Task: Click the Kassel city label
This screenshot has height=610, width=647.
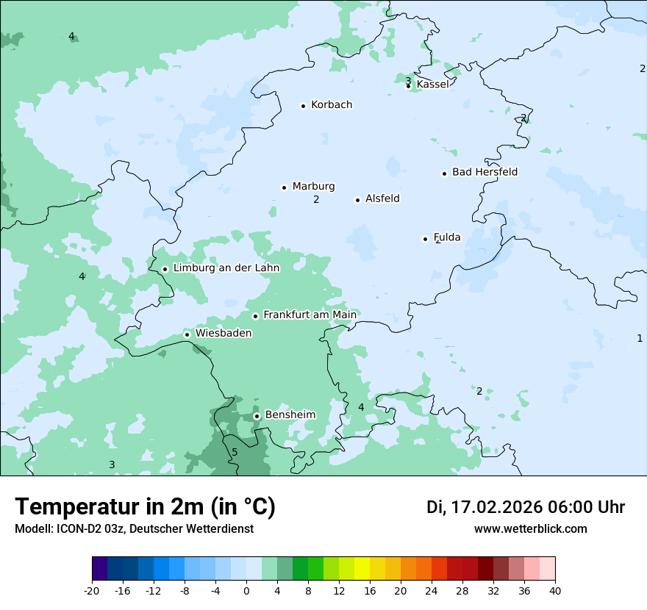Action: coord(432,85)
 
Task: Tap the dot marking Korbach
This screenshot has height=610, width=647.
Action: coord(303,106)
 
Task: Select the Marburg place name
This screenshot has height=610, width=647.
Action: coord(313,187)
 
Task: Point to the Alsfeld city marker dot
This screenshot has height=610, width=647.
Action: coord(358,200)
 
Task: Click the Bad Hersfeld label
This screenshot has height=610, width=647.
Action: coord(485,173)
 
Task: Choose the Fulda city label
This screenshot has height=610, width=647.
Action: coord(447,237)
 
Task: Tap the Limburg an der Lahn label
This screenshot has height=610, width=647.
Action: coord(226,268)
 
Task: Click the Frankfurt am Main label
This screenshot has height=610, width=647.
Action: coord(310,315)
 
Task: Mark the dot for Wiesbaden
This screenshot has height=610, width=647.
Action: coord(187,334)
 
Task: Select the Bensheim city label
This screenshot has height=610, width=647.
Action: coord(290,415)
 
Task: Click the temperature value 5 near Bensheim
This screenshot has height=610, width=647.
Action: coord(235,452)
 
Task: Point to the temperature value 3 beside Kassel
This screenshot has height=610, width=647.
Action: coord(408,80)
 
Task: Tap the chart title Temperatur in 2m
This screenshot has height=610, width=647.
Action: coord(145,507)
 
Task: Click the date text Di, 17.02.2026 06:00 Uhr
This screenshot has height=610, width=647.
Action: coord(526,507)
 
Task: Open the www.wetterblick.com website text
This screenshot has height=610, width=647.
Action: coord(530,529)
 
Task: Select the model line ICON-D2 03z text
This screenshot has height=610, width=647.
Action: coord(134,529)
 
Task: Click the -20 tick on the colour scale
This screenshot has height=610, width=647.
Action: coord(92,591)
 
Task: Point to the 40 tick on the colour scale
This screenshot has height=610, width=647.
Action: coord(555,591)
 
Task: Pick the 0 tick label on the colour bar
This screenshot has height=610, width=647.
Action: coord(246,591)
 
